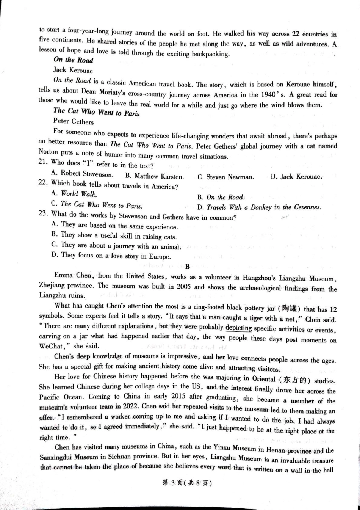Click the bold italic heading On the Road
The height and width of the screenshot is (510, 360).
73,60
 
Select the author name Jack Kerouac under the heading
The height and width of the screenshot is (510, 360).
73,70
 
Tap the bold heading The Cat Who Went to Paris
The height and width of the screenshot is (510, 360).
96,111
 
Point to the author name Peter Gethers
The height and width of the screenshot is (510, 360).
73,122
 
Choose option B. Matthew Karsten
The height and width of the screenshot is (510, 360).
154,176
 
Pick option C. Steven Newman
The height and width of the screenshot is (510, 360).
225,177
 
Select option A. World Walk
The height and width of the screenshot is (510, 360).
74,194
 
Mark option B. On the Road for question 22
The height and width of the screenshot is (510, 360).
221,197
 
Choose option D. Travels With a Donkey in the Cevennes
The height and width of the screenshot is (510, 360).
259,207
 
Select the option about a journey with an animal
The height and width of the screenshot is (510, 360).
116,246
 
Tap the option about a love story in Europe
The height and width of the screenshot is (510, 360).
111,256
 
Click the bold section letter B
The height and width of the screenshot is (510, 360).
187,267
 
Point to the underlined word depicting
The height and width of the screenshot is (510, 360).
238,328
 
